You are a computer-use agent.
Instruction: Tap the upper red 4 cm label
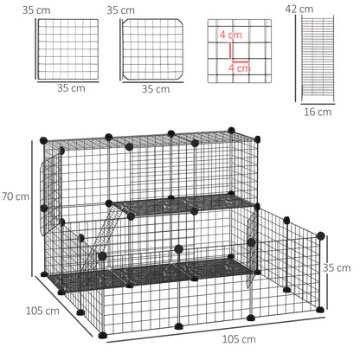click(231, 36)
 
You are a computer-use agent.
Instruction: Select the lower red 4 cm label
click(239, 67)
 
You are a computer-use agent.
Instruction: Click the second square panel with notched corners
click(153, 48)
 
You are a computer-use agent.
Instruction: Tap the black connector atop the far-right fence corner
click(321, 235)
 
